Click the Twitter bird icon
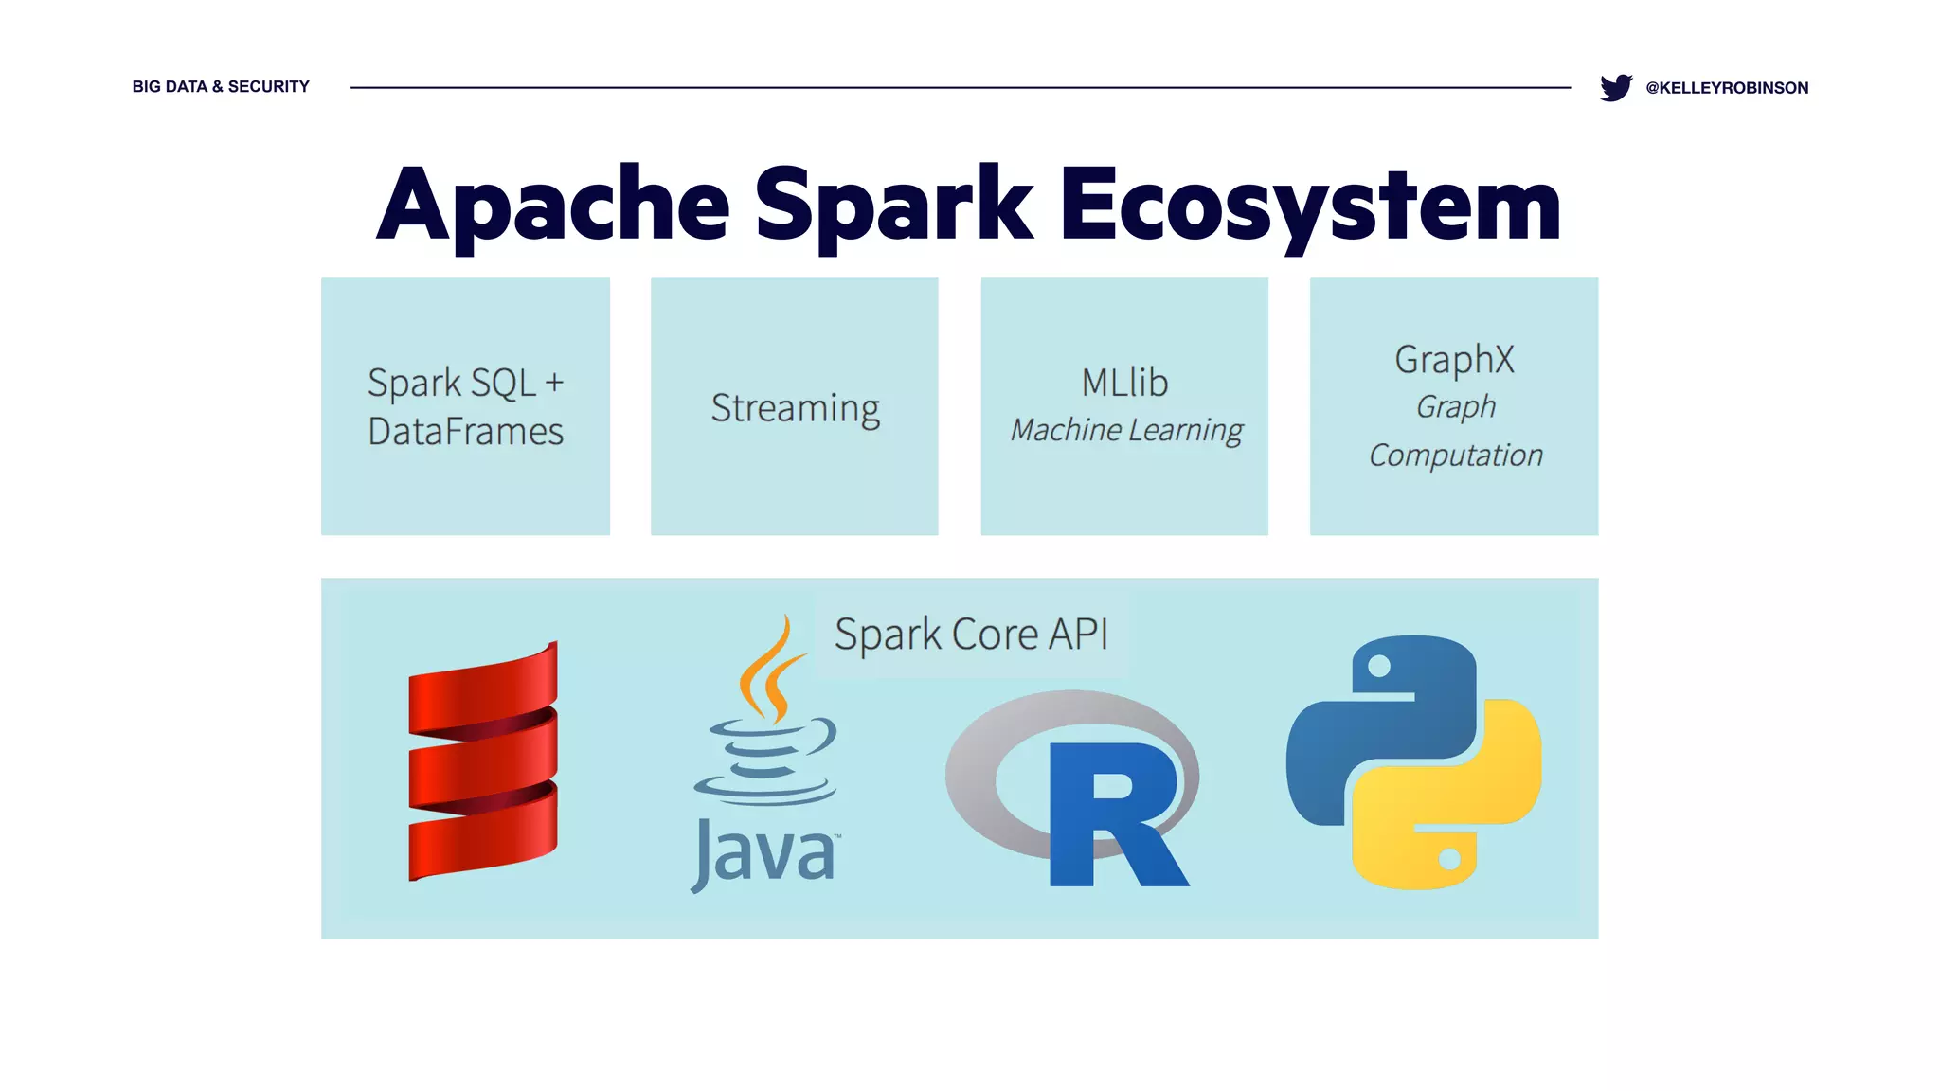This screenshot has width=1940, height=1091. tap(1615, 87)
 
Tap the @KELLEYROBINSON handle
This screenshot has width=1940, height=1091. tap(1727, 88)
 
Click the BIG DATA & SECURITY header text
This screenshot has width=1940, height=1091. tap(221, 86)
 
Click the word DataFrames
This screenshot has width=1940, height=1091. tap(465, 432)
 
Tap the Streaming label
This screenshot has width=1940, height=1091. tap(795, 408)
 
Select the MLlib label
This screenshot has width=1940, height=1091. tap(1124, 383)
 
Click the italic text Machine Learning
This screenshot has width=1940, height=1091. tap(1125, 430)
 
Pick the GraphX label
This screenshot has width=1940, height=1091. tap(1454, 360)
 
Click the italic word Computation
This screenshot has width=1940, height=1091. tap(1455, 456)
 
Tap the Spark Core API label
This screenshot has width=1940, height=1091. tap(971, 634)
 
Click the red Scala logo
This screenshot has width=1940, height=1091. tap(483, 762)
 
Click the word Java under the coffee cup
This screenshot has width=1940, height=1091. tap(764, 853)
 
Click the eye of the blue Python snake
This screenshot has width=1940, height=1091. tap(1379, 666)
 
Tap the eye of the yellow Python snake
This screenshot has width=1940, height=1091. tap(1449, 860)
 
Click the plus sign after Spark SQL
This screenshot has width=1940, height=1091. tap(554, 383)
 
